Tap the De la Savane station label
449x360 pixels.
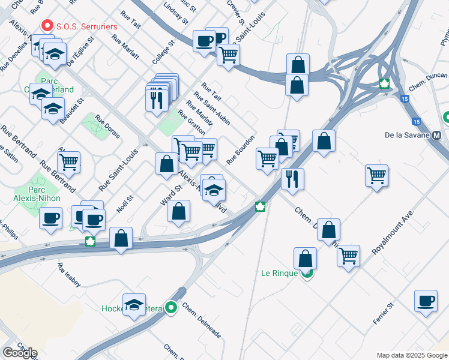[x=407, y=135]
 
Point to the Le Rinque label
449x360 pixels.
[x=279, y=273]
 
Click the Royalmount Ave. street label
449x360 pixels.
[x=394, y=232]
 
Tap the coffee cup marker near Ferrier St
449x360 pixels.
[x=426, y=301]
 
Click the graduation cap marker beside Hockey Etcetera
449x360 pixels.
[x=134, y=304]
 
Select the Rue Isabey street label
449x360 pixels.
[x=69, y=274]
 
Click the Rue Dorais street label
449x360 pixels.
[x=107, y=127]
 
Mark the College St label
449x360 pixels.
[x=163, y=53]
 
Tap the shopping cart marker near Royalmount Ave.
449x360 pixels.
[x=376, y=175]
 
